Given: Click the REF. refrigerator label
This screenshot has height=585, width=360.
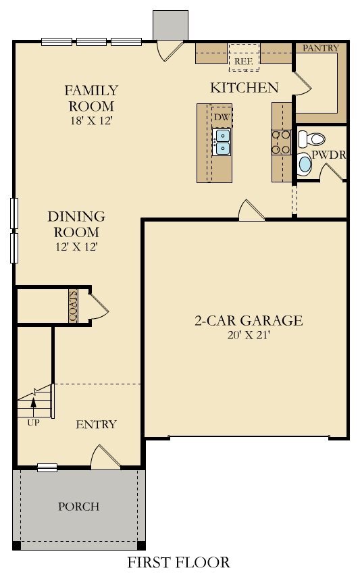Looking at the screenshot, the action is click(244, 61).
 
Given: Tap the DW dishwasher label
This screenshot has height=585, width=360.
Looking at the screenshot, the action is click(222, 117).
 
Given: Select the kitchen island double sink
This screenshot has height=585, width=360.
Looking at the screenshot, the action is click(222, 142).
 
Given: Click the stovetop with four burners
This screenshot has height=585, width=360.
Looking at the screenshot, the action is click(281, 142).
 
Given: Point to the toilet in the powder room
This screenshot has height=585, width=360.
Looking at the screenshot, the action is click(311, 138).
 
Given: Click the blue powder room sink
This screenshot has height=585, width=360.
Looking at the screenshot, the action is click(305, 164).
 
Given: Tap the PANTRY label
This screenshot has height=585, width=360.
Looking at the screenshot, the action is click(320, 48).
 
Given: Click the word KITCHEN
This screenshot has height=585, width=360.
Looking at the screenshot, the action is click(245, 88).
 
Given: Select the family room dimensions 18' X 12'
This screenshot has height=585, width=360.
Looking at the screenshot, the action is click(91, 121).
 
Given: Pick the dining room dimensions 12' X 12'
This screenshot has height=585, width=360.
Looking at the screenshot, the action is click(76, 247).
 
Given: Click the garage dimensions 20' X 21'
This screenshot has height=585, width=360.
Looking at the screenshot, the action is click(249, 335).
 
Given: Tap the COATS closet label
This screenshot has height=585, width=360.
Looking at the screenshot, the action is click(73, 306).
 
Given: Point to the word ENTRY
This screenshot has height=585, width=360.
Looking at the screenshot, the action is click(97, 424).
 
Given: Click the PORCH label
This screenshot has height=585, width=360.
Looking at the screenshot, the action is click(79, 506).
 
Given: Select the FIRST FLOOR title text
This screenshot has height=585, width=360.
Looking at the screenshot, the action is click(179, 562).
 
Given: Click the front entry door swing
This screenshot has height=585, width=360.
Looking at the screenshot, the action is click(105, 455).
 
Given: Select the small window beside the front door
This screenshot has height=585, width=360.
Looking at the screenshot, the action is click(47, 467).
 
